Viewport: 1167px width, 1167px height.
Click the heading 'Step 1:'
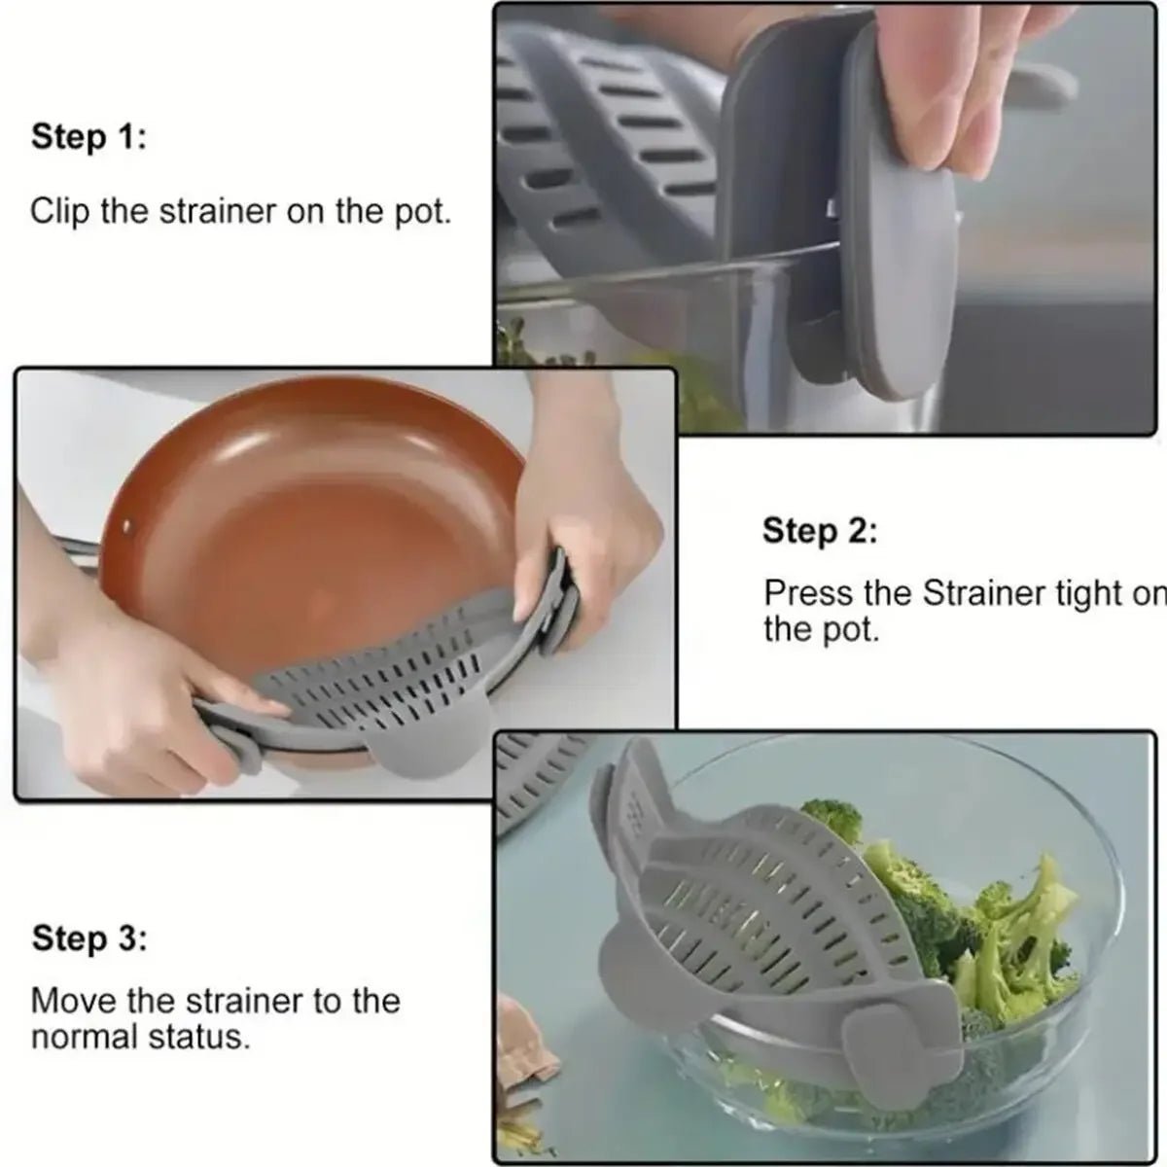[x=88, y=136]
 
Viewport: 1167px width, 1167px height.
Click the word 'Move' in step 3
[x=69, y=1000]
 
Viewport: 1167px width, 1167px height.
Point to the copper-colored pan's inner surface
[x=321, y=506]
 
